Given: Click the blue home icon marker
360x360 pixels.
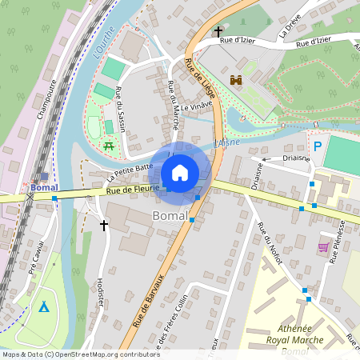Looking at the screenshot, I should point(180,172).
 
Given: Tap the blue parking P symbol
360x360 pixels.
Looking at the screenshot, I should point(318,147).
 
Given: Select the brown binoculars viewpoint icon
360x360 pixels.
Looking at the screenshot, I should point(236,81).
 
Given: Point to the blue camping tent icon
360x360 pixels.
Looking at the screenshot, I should point(44,306).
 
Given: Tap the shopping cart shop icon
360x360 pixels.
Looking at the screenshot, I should point(323,248).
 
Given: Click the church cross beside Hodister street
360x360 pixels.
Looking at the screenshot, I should point(103,226).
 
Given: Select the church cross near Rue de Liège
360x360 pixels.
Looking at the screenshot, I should point(218,32).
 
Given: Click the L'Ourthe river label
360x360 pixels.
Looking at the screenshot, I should point(103,43).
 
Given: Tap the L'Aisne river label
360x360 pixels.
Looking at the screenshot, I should point(226,143).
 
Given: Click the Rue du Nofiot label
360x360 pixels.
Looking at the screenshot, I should point(265,239).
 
